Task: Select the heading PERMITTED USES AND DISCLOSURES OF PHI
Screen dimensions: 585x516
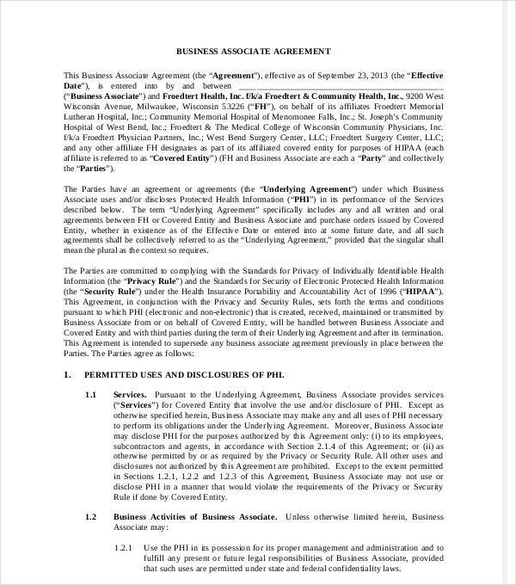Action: pos(183,376)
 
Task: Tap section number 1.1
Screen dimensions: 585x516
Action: pos(91,394)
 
